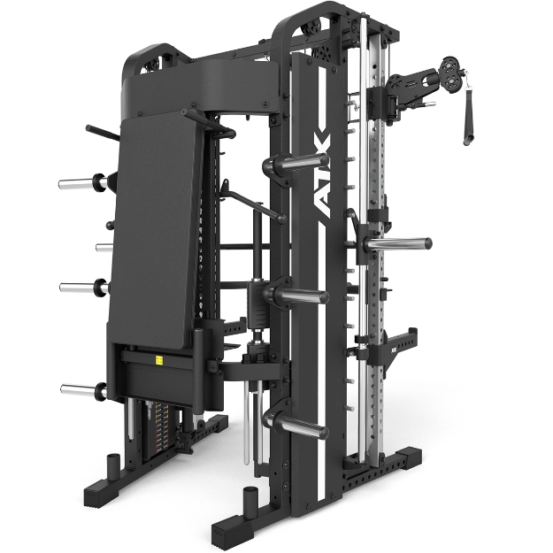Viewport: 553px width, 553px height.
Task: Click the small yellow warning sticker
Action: pos(159,361)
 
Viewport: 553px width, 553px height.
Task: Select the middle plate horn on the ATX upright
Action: pos(300,294)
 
